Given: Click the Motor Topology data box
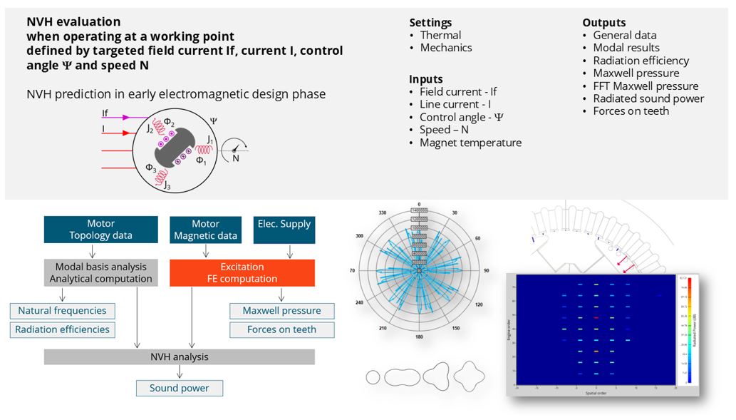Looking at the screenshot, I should [100, 230].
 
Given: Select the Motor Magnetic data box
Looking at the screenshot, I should [205, 230].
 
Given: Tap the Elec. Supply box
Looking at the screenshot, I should [284, 230].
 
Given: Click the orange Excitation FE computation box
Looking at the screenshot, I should [242, 272].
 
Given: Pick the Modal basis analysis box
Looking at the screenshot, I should [100, 272].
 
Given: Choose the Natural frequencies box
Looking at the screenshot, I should [62, 311].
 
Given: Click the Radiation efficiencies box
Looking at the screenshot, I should [62, 329].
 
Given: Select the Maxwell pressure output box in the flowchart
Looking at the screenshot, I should [281, 311].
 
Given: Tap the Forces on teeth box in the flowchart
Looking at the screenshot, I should [281, 329].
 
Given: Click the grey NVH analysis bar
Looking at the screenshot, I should [179, 357].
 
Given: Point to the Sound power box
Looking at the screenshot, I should [179, 389].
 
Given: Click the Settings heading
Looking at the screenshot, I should [430, 23].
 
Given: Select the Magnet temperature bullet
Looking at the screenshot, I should [470, 143].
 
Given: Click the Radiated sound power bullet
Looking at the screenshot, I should [648, 98].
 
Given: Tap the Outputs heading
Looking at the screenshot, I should [604, 23].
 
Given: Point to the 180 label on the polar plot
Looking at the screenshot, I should [418, 336].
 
